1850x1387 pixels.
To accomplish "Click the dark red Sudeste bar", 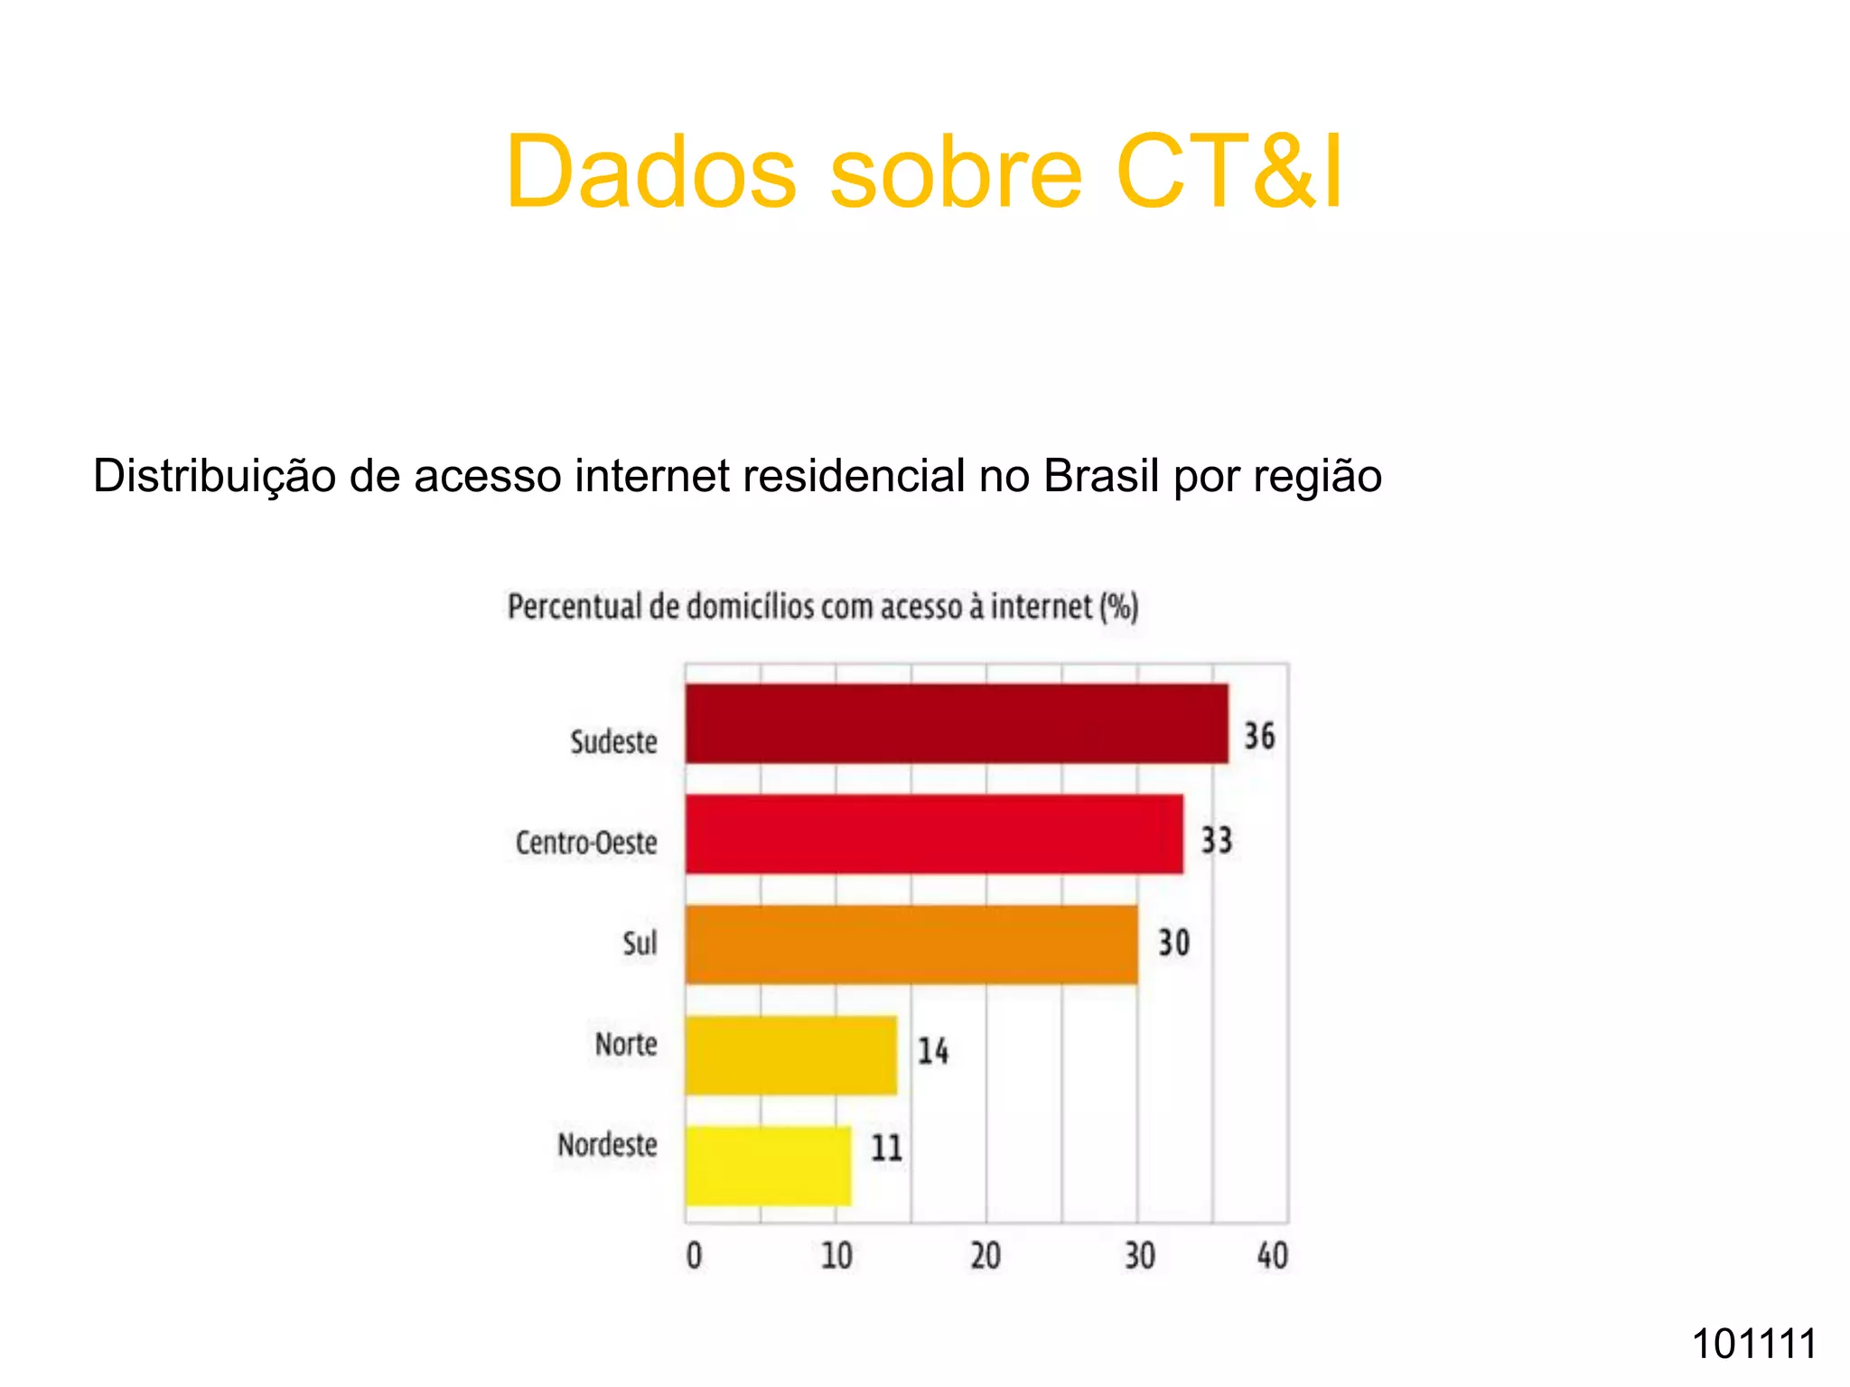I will [x=956, y=723].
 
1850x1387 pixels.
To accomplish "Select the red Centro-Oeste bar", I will [x=933, y=834].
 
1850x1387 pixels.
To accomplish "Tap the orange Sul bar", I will [x=911, y=945].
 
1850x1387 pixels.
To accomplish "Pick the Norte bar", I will [x=790, y=1056].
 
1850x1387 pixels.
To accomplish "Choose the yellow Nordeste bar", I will [x=768, y=1166].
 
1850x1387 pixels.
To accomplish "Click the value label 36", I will [x=1259, y=736].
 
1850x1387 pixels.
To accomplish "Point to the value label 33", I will [x=1216, y=840].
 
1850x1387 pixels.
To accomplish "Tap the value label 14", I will [x=933, y=1051].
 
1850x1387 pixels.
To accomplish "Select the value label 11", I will [x=886, y=1149].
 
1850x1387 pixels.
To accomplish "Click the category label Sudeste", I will [x=613, y=742].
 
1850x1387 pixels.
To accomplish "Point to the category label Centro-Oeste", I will [x=586, y=842].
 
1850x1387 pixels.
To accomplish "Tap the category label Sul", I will [x=640, y=944].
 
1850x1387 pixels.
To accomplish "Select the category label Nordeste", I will [x=607, y=1145].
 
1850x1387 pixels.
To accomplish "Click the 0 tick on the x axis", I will [x=694, y=1256].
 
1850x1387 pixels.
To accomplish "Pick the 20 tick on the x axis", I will [x=986, y=1256].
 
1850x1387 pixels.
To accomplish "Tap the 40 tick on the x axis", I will [x=1273, y=1256].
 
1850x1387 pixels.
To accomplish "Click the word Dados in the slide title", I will [x=650, y=172].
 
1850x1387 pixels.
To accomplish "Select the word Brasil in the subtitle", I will [x=1100, y=476].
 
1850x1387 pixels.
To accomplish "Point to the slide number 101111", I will [x=1753, y=1344].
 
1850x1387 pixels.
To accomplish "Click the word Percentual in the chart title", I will [x=575, y=607].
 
